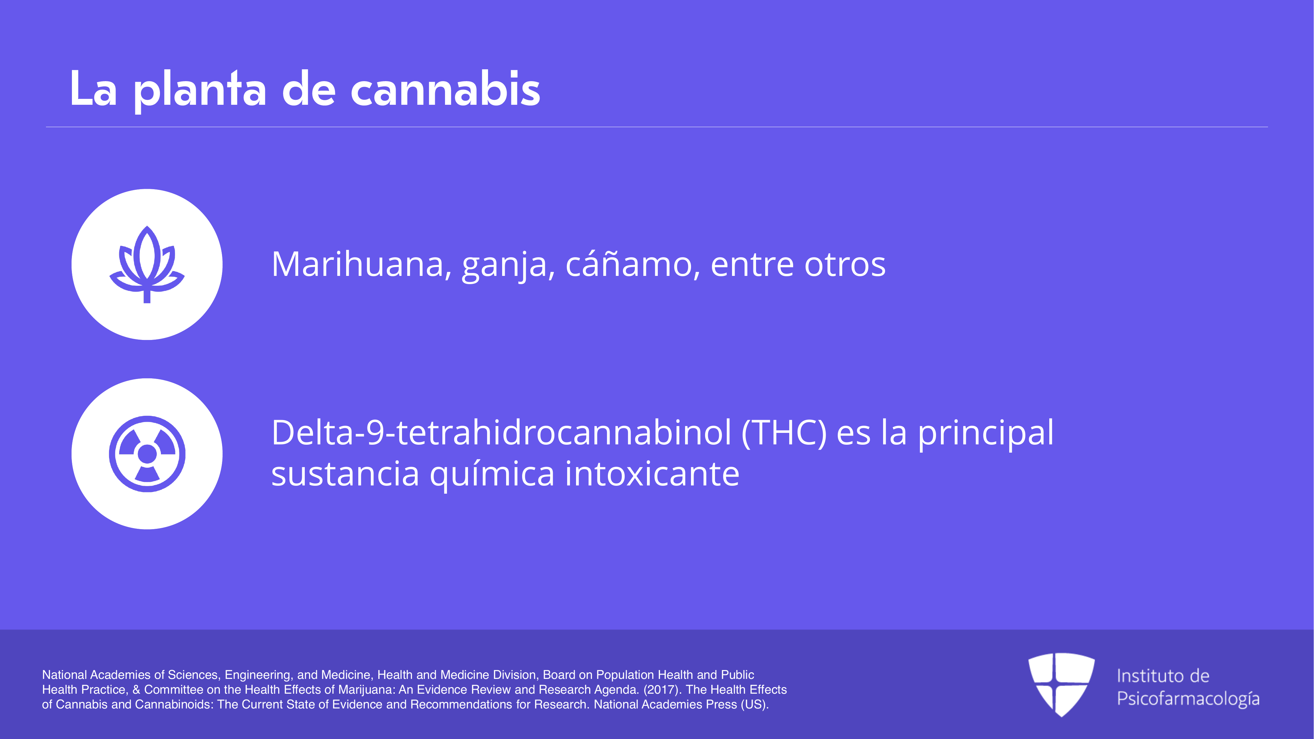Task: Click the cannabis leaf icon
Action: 147,264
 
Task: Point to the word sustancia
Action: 345,474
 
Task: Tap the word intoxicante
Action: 652,473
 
